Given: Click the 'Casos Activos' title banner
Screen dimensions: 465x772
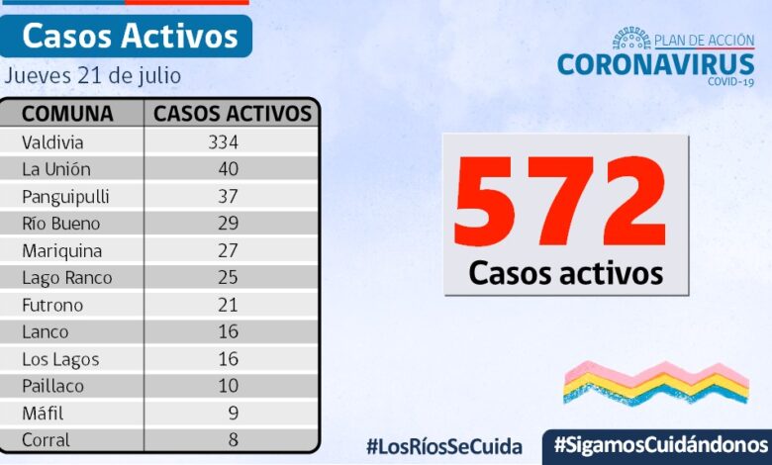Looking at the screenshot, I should click(130, 37).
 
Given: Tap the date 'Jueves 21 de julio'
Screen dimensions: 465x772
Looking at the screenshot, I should click(93, 76).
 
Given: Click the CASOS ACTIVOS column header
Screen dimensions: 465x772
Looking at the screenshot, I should click(233, 114).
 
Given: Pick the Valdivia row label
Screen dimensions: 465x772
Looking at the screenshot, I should click(53, 141).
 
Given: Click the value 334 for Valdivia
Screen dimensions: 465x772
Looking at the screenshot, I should click(224, 141).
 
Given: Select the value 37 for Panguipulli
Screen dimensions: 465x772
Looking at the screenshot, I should click(228, 196).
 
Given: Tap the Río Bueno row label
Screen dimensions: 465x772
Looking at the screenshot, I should click(61, 224).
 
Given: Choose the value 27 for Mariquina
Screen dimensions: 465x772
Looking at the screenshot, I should click(228, 250).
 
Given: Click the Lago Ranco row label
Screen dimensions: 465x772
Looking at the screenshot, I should click(67, 278).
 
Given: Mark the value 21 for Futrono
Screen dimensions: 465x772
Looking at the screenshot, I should click(228, 305).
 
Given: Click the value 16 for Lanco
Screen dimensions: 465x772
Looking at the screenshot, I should click(228, 332).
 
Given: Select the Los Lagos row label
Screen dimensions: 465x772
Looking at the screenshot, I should click(61, 359).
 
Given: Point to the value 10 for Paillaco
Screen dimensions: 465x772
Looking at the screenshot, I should click(228, 386).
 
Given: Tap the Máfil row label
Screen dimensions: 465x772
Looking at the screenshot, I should click(44, 413).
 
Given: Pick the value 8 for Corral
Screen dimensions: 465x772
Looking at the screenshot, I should click(233, 439).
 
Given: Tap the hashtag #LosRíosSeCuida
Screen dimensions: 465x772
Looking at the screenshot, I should click(443, 446).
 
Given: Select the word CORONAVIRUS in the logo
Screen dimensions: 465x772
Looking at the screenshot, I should click(655, 64).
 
